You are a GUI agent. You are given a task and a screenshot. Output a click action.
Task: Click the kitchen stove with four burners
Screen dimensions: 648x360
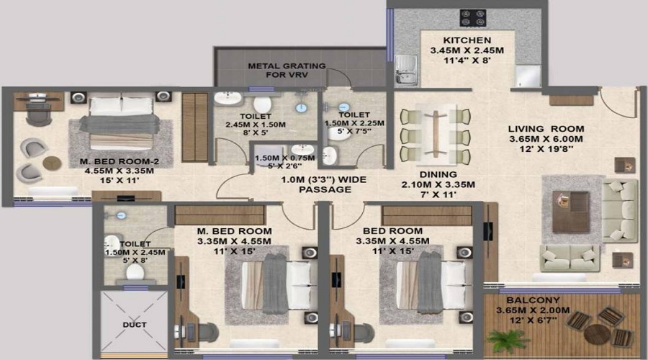[473, 18]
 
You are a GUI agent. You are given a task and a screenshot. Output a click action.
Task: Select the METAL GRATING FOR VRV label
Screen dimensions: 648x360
[287, 71]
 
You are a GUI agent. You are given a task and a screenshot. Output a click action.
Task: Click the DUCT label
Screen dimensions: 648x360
[135, 325]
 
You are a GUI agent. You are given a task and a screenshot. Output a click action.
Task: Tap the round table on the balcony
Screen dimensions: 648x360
[597, 334]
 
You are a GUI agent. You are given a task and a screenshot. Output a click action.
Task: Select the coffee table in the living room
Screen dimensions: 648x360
[571, 212]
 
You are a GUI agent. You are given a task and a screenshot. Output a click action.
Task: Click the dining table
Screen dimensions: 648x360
[436, 133]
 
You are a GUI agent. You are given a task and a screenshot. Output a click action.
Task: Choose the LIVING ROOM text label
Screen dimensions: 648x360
[546, 129]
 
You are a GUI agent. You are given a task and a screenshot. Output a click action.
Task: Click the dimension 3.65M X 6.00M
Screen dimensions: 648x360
[546, 139]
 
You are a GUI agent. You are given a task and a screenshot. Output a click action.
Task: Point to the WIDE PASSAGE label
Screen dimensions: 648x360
[323, 185]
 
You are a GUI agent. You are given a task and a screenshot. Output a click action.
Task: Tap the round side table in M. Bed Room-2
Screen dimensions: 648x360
[52, 163]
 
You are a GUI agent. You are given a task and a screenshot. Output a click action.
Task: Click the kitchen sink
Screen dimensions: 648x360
[405, 71]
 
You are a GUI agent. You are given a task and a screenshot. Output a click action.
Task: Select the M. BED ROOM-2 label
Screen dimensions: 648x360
[120, 161]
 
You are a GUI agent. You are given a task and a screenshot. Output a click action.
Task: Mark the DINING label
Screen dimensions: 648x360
[438, 174]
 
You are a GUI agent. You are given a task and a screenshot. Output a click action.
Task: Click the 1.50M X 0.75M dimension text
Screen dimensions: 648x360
[284, 158]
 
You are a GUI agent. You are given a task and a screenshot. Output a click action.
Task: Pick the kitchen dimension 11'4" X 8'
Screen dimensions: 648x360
[467, 60]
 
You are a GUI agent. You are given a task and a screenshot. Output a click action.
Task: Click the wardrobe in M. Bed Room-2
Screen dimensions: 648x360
[194, 127]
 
